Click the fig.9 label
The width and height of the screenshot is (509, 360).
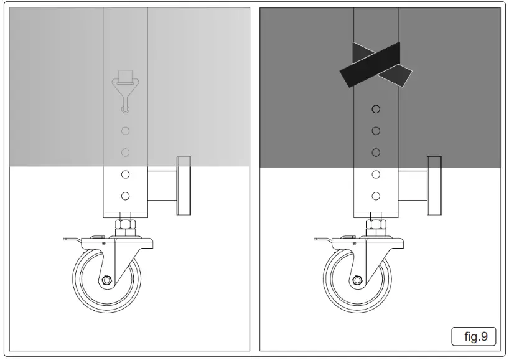pyautogui.click(x=473, y=337)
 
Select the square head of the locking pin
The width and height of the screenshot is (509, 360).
pyautogui.click(x=125, y=76)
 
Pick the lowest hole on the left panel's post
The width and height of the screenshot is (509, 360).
pyautogui.click(x=125, y=196)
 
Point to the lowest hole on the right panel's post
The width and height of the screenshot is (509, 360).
pyautogui.click(x=376, y=196)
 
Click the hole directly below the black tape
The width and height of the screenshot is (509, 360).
pyautogui.click(x=376, y=110)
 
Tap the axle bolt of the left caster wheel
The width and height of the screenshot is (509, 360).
pyautogui.click(x=107, y=280)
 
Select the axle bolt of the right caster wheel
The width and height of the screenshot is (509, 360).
pyautogui.click(x=358, y=280)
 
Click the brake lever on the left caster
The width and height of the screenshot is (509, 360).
pyautogui.click(x=72, y=240)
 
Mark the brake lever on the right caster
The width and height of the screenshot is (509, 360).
pyautogui.click(x=323, y=240)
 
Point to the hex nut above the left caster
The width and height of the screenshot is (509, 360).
pyautogui.click(x=125, y=224)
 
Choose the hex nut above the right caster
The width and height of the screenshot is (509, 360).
pyautogui.click(x=376, y=224)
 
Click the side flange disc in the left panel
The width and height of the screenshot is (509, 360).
pyautogui.click(x=184, y=186)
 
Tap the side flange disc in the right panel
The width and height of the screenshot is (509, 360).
pyautogui.click(x=434, y=186)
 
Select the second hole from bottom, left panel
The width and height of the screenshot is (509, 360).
pyautogui.click(x=125, y=174)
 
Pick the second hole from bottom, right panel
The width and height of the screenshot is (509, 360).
pyautogui.click(x=376, y=174)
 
